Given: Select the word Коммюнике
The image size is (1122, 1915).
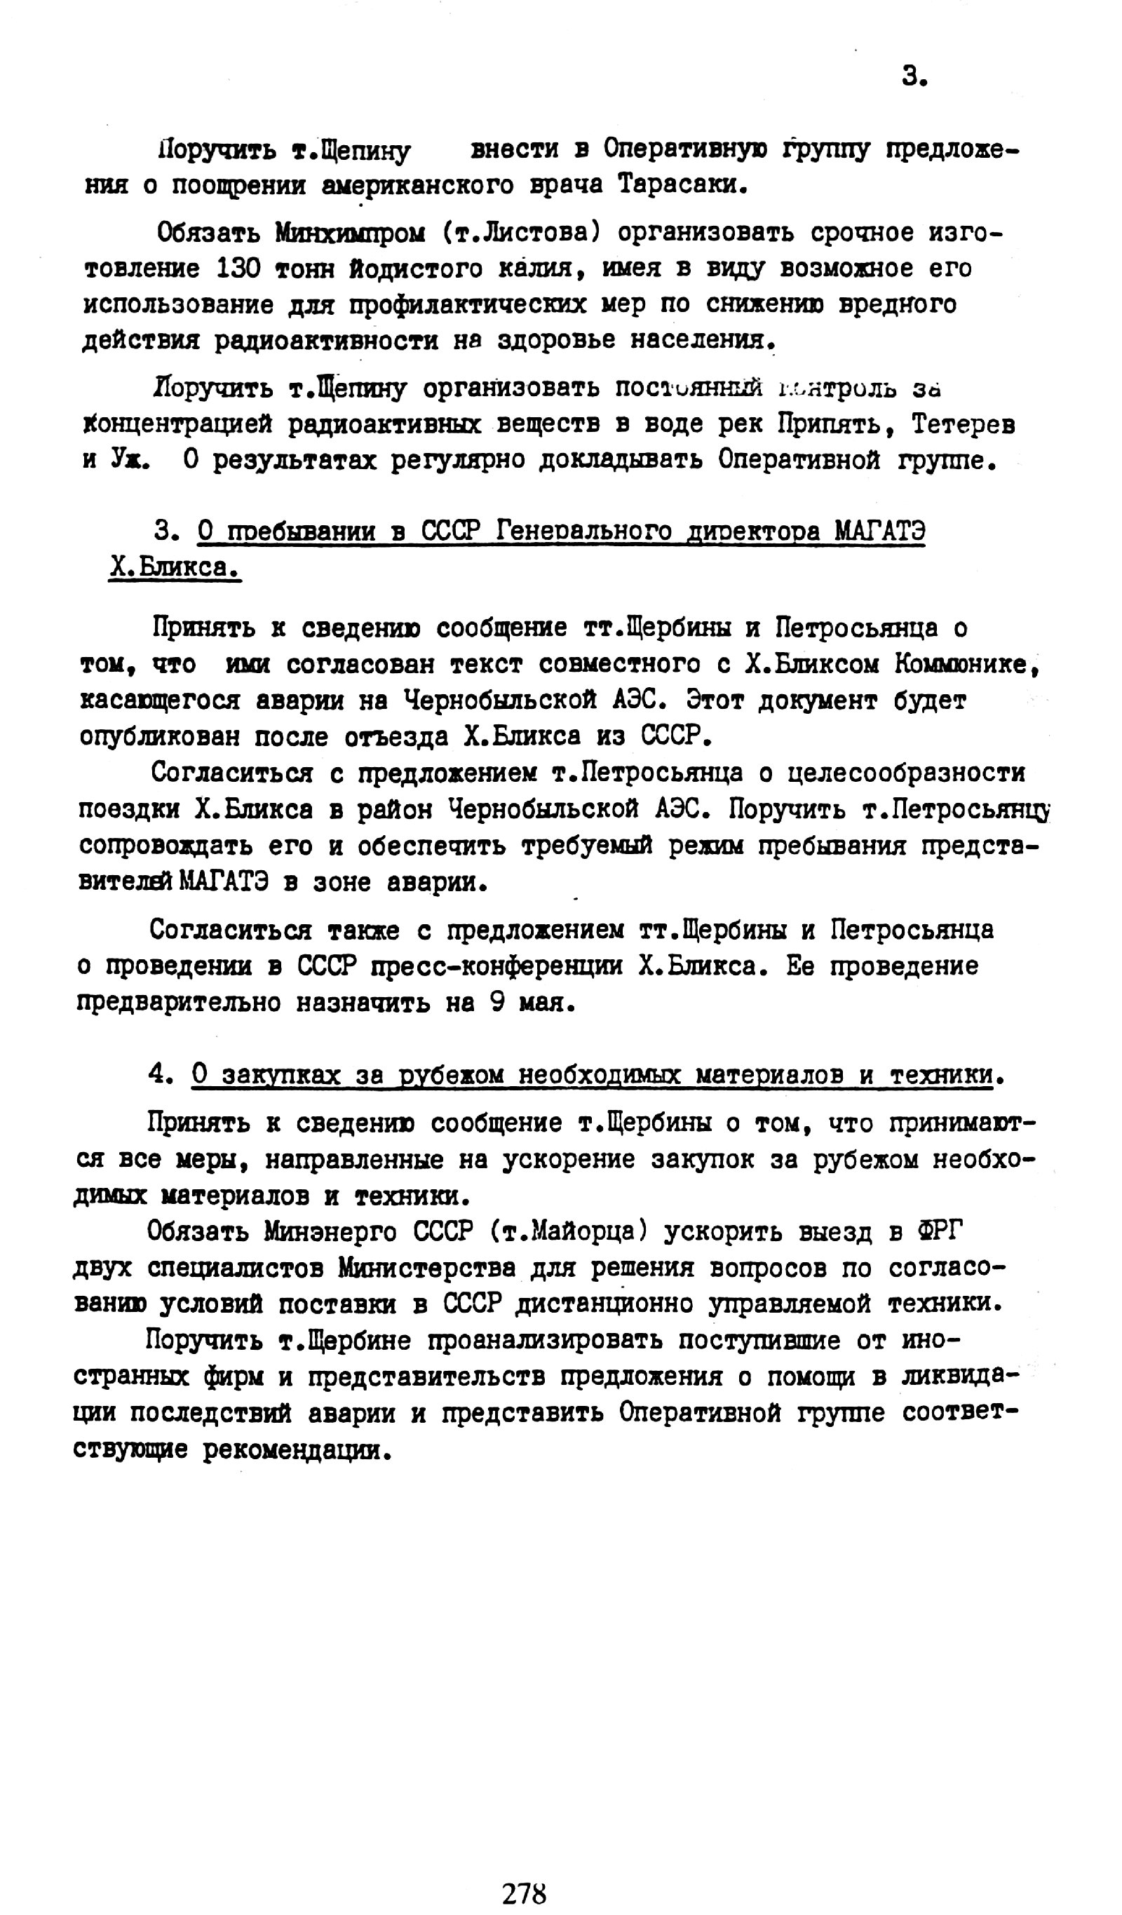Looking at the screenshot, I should (966, 664).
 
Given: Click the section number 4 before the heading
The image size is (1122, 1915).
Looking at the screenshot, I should (157, 1074).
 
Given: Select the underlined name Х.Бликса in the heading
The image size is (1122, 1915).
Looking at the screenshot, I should (174, 567).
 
